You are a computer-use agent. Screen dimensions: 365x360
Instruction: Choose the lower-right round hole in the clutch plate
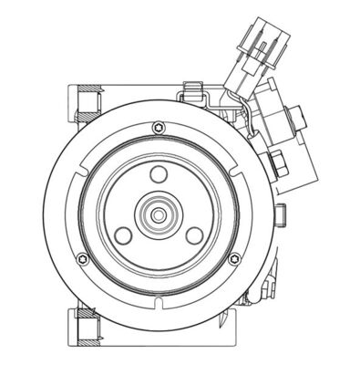tap(195, 235)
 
